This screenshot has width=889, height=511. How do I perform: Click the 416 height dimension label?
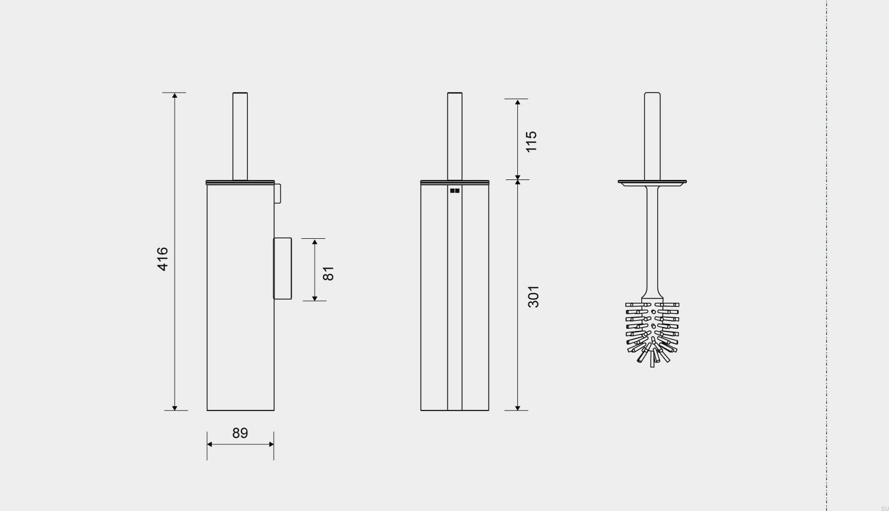coord(163,259)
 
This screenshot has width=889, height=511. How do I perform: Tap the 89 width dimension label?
coord(240,433)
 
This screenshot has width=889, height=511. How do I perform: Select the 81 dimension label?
coord(328,273)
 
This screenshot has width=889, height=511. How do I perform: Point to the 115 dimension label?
coord(531,141)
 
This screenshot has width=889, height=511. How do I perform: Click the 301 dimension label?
coord(533,297)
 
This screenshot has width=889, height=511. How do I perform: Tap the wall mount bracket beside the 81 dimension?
coord(283,268)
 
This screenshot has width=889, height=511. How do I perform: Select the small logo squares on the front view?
coord(455,191)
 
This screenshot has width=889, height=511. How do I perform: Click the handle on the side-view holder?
coord(240,136)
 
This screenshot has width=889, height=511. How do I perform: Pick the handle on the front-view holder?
coord(455,136)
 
